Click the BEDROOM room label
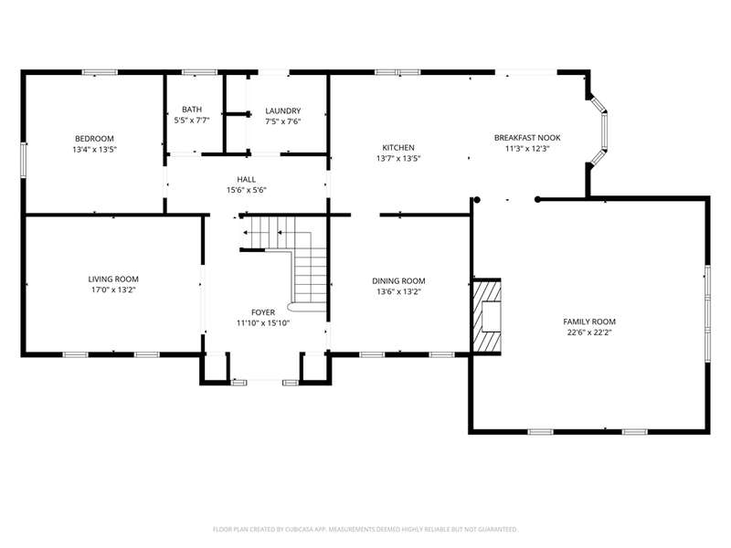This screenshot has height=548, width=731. pyautogui.click(x=94, y=139)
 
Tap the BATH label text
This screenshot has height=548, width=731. pyautogui.click(x=192, y=110)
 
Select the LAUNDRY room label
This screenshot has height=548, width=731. pyautogui.click(x=283, y=111)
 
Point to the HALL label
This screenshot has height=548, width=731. pyautogui.click(x=246, y=179)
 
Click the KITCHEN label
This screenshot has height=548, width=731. pyautogui.click(x=398, y=148)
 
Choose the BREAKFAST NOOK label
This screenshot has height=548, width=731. pyautogui.click(x=527, y=138)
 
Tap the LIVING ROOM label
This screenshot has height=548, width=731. pyautogui.click(x=113, y=279)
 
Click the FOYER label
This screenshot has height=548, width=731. pyautogui.click(x=263, y=312)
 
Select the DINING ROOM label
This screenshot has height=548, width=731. pyautogui.click(x=398, y=281)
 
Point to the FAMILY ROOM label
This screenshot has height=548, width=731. pyautogui.click(x=589, y=321)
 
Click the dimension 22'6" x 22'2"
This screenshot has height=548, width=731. pyautogui.click(x=589, y=332)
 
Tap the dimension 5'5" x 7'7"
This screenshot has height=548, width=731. pyautogui.click(x=192, y=121)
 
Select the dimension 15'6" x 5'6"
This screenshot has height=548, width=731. pyautogui.click(x=246, y=190)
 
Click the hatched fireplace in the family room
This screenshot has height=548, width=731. pyautogui.click(x=487, y=317)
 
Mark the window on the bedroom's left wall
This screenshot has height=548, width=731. pyautogui.click(x=24, y=160)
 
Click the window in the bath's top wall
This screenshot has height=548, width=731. pyautogui.click(x=199, y=72)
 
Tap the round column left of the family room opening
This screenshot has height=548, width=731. pyautogui.click(x=477, y=200)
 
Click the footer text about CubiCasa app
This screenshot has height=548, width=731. pyautogui.click(x=365, y=530)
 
